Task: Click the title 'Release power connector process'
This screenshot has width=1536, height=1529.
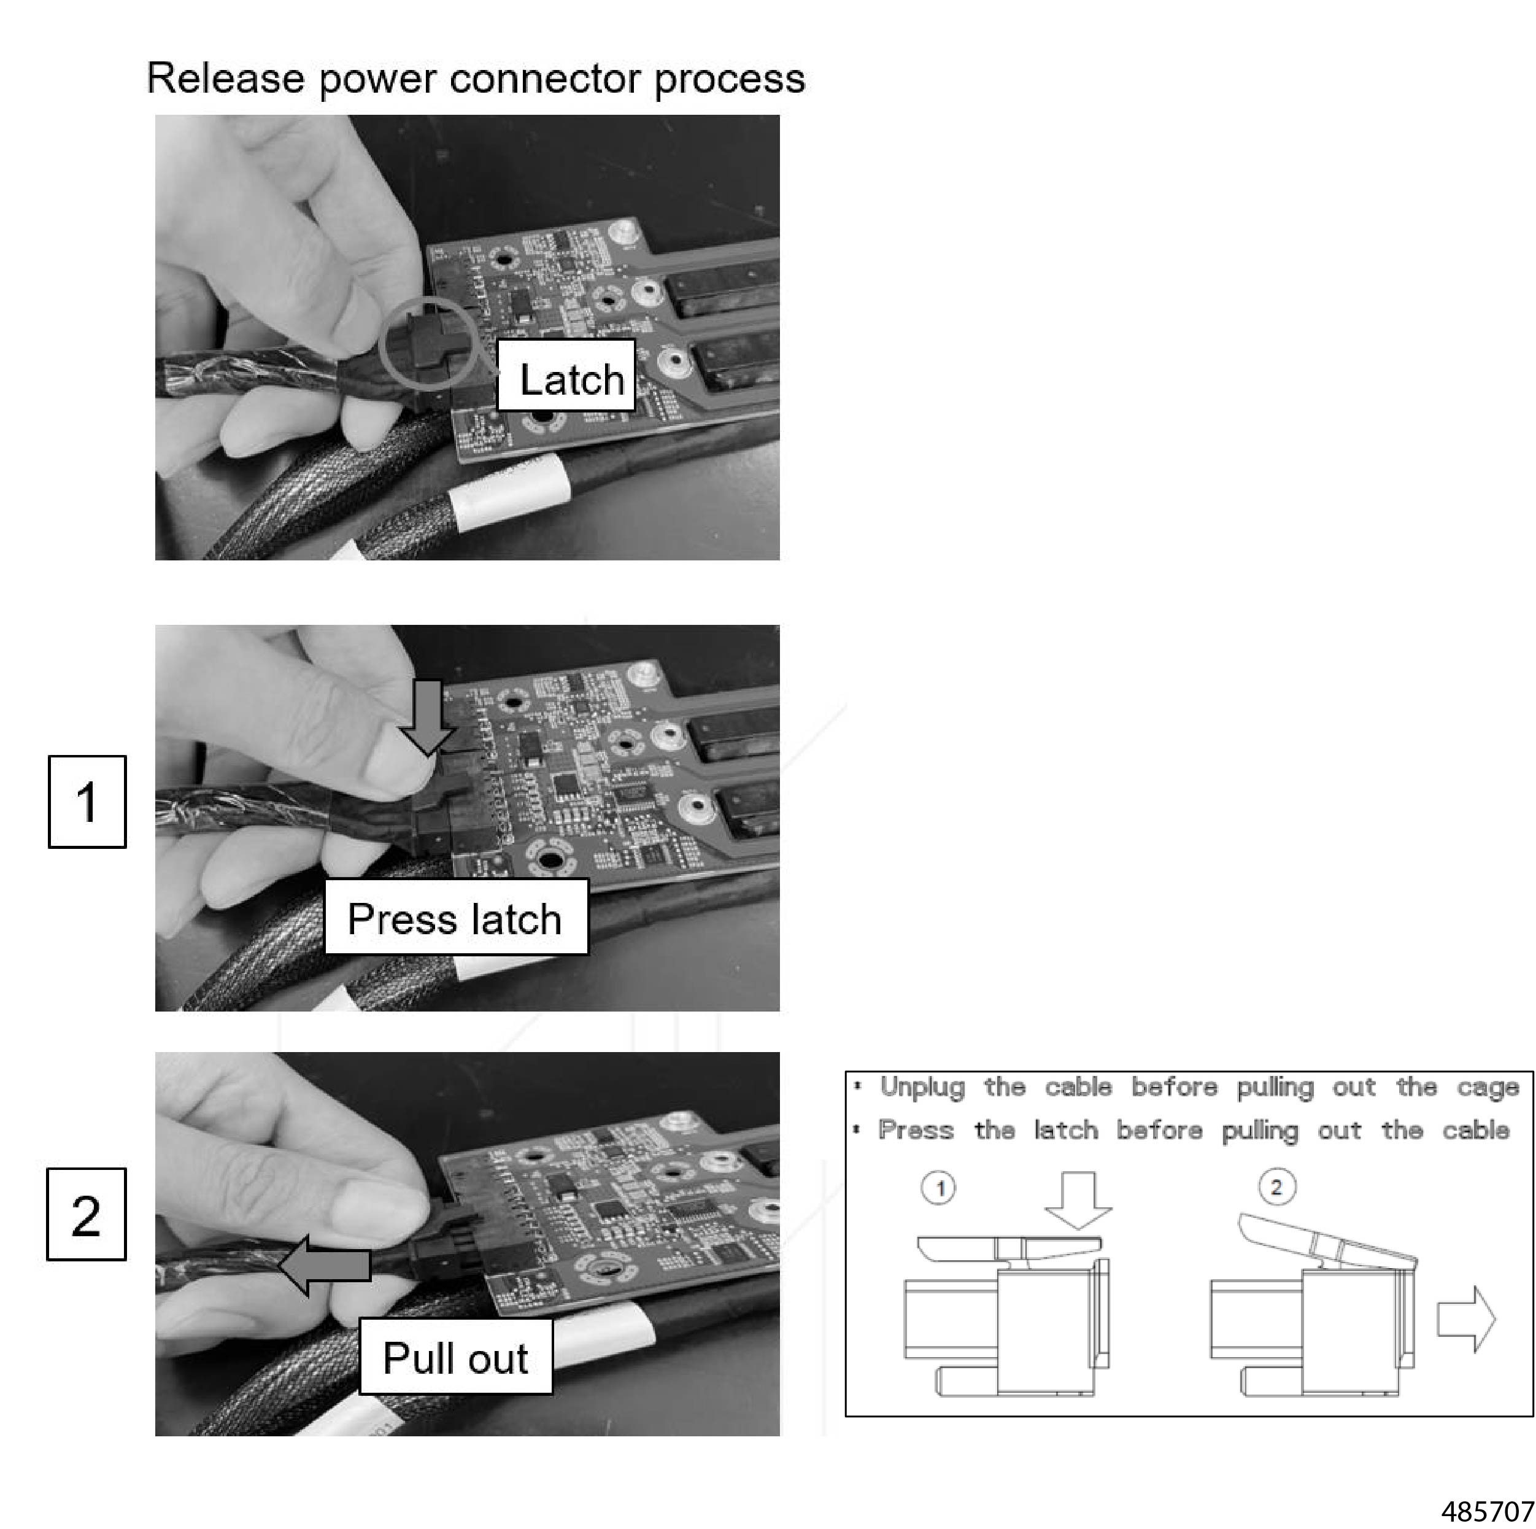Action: (x=476, y=79)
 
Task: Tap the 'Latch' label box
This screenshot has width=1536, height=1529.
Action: (x=566, y=376)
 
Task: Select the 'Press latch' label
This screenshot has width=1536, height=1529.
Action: (x=455, y=918)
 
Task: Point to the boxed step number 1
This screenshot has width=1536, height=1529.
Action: (x=88, y=802)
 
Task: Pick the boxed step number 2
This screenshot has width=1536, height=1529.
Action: (x=87, y=1214)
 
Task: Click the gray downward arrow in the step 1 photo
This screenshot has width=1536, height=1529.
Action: (x=428, y=716)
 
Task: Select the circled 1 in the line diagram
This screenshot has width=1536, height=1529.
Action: (x=939, y=1188)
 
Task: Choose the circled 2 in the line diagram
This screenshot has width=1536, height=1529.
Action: (x=1276, y=1187)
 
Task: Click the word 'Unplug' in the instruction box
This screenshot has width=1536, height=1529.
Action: (x=922, y=1087)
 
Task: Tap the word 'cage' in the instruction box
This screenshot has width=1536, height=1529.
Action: (x=1488, y=1088)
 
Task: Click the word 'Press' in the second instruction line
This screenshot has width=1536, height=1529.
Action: (x=916, y=1130)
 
